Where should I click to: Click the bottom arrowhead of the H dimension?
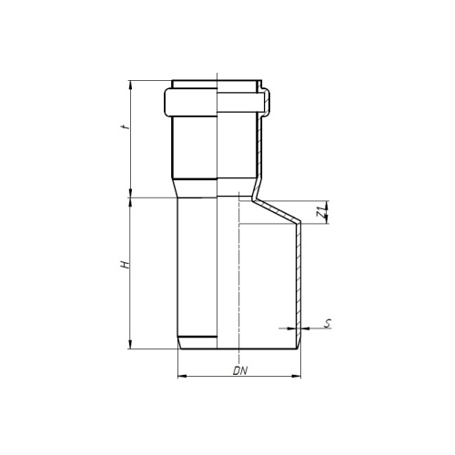tap(133, 345)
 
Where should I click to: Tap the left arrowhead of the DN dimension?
tap(179, 375)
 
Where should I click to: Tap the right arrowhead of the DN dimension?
tap(300, 375)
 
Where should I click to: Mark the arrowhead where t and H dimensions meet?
tap(133, 196)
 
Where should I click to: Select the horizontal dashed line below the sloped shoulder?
tap(264, 225)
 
